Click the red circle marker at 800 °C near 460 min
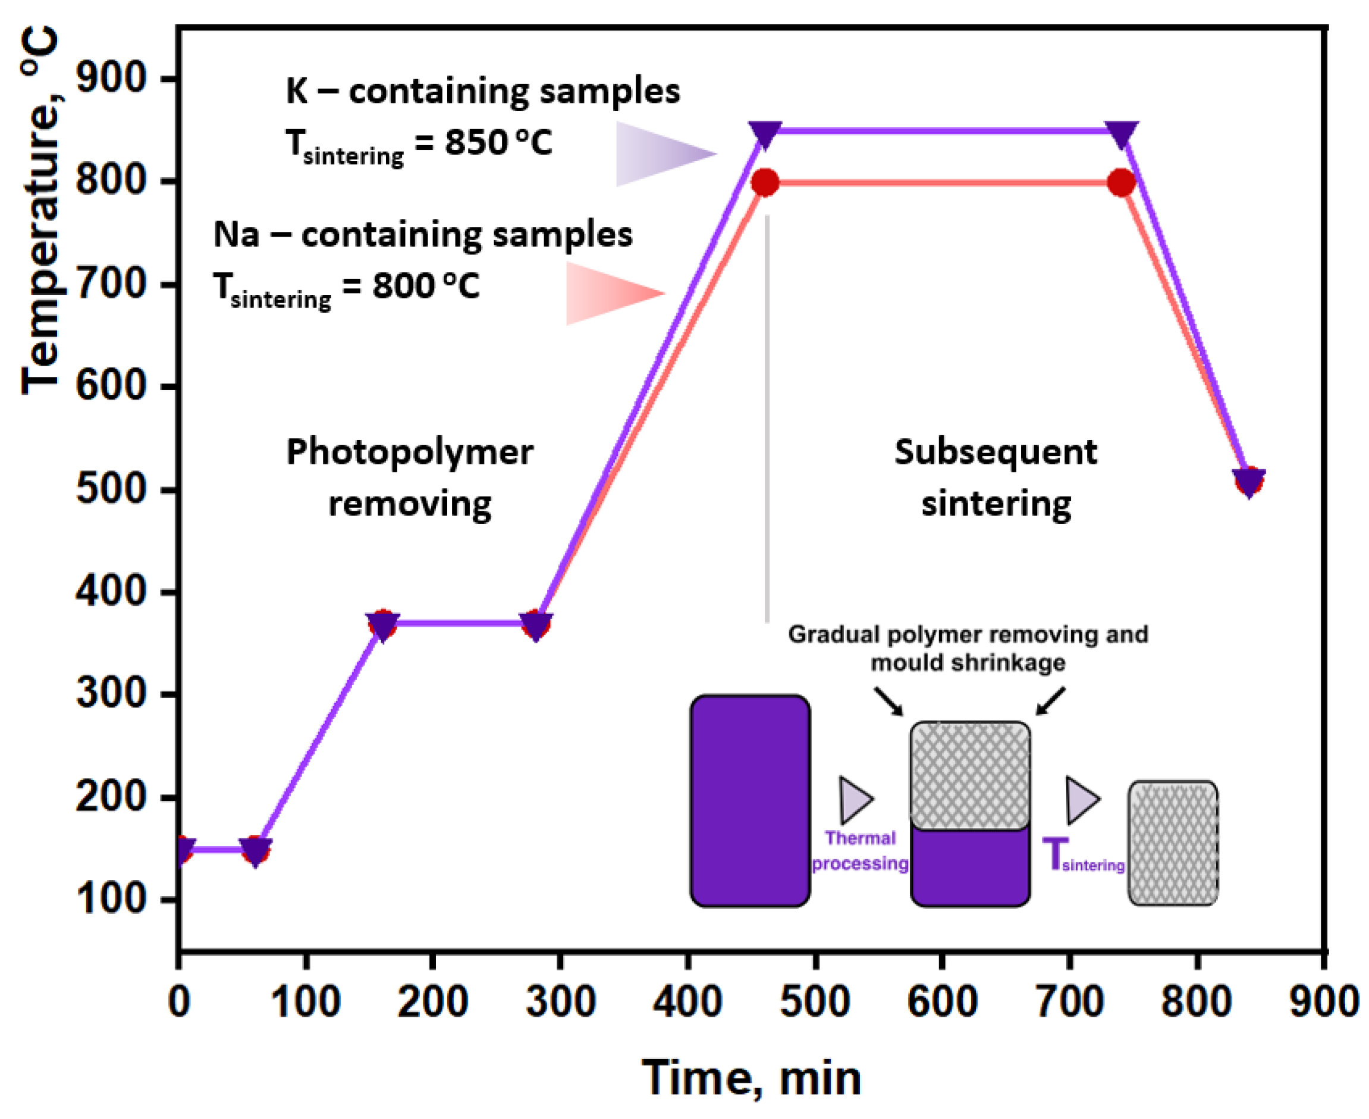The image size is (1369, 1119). pyautogui.click(x=765, y=183)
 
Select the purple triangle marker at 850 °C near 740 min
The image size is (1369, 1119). pyautogui.click(x=1122, y=133)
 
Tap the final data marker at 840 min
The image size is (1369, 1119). pyautogui.click(x=1249, y=482)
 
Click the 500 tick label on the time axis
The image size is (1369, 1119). pyautogui.click(x=815, y=1002)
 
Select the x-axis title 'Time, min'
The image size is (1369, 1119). pyautogui.click(x=752, y=1078)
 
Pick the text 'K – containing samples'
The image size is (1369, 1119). pyautogui.click(x=483, y=91)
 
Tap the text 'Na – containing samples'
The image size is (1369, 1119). pyautogui.click(x=423, y=235)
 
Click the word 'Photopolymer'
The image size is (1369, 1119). pyautogui.click(x=410, y=452)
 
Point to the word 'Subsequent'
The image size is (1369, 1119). pyautogui.click(x=996, y=452)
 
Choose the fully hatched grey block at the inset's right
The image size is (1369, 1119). pyautogui.click(x=1172, y=843)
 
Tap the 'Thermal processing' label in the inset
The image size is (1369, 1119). pyautogui.click(x=860, y=851)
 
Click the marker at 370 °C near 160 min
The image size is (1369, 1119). pyautogui.click(x=384, y=624)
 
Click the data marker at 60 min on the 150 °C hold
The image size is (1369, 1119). pyautogui.click(x=255, y=851)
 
